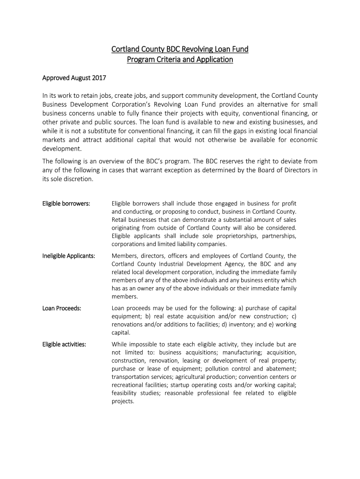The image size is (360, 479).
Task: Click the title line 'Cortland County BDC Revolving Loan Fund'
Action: click(x=180, y=49)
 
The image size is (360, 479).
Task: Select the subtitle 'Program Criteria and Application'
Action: click(x=180, y=59)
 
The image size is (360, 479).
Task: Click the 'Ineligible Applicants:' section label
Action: click(x=69, y=256)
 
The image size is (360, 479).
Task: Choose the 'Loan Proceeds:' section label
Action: click(x=62, y=308)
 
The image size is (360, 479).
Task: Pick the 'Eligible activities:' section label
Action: click(x=64, y=344)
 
